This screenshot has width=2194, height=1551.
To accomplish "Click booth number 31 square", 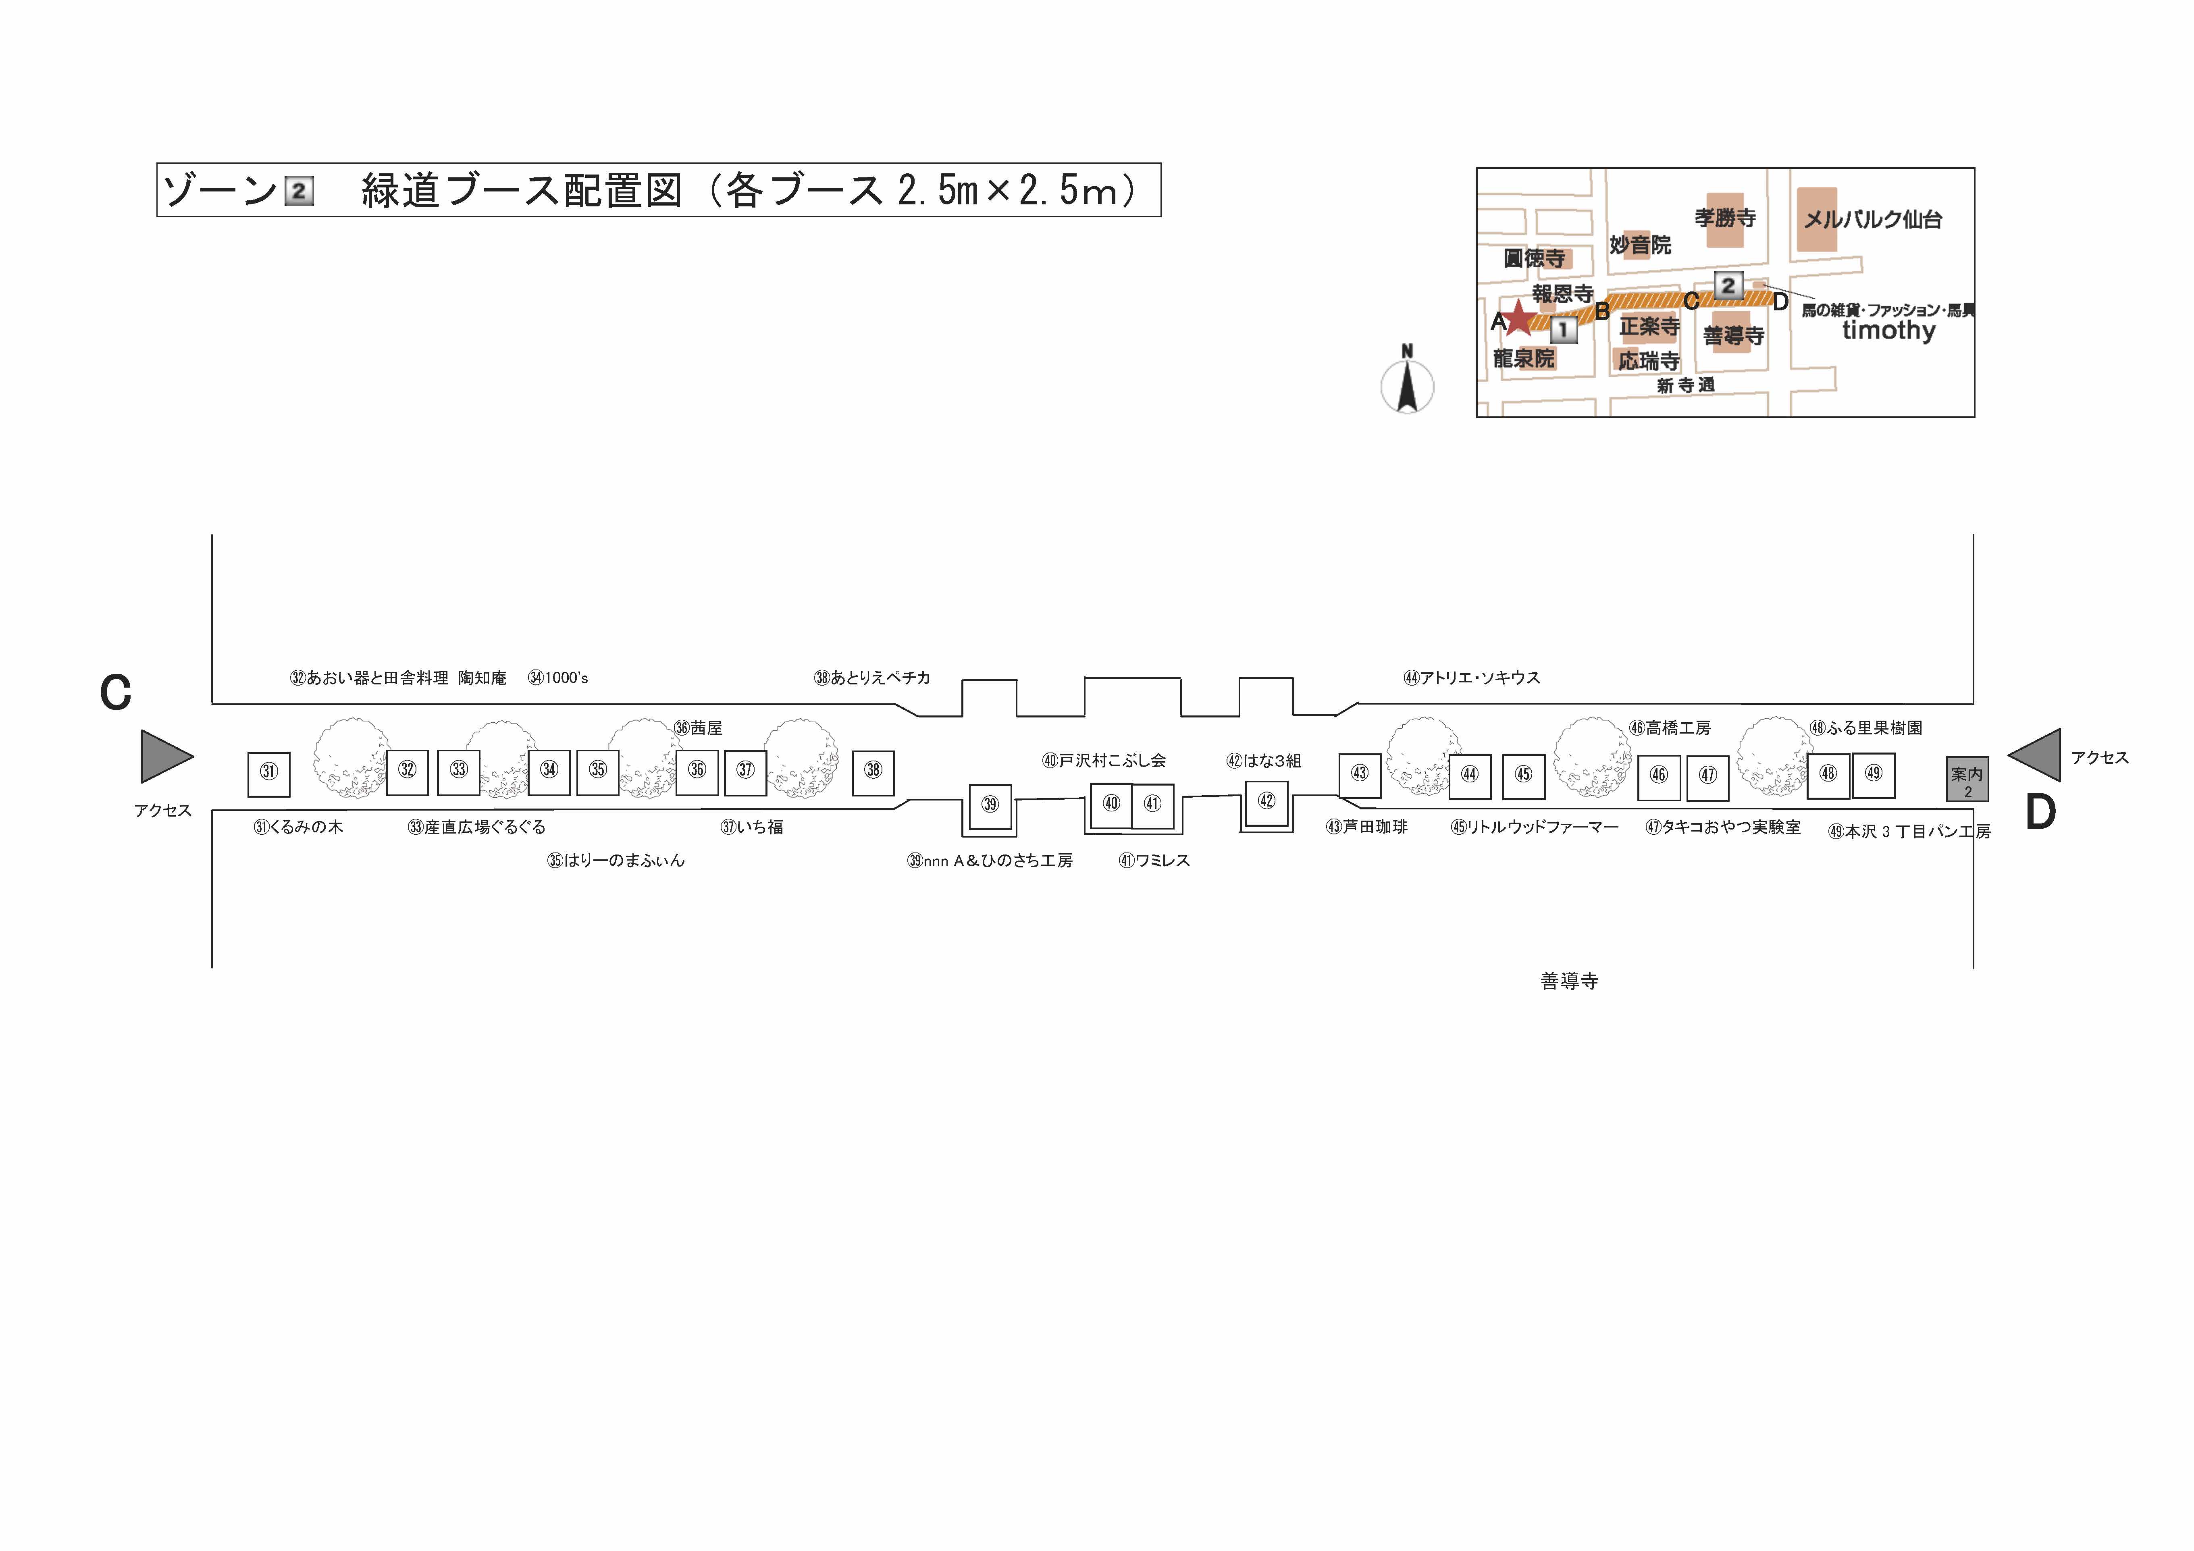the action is click(268, 774).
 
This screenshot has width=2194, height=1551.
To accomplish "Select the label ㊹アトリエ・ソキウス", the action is click(1472, 678).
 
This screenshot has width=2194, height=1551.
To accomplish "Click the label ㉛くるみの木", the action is click(298, 827).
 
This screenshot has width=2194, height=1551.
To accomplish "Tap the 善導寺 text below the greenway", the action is click(1569, 981).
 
